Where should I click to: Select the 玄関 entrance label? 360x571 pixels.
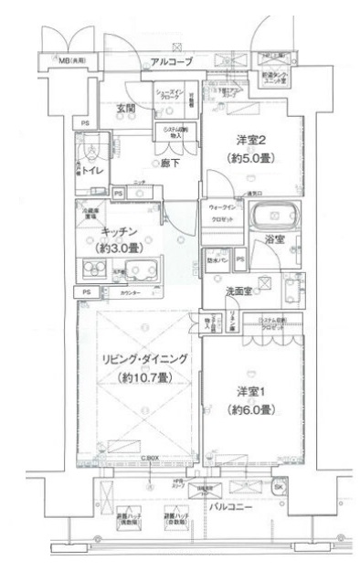126,110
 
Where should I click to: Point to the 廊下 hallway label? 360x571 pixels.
143,164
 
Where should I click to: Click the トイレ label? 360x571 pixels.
91,171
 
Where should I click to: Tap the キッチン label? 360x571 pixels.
120,232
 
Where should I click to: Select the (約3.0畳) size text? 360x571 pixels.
120,249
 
